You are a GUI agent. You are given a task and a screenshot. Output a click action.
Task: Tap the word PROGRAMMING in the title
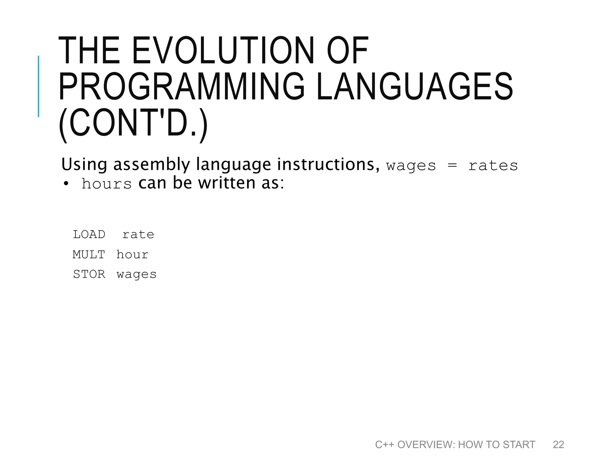click(x=181, y=87)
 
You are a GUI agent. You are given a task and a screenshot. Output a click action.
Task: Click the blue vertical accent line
click(x=38, y=86)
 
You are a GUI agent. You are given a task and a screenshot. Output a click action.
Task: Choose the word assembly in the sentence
click(x=152, y=165)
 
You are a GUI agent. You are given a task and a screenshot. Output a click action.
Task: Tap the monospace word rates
click(x=493, y=166)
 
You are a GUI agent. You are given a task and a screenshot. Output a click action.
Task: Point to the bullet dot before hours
click(x=66, y=184)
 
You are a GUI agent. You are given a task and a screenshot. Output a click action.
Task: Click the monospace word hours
click(x=107, y=184)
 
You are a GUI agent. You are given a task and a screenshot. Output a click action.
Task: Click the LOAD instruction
click(x=89, y=234)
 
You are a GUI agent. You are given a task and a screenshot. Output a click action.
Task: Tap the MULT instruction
click(x=89, y=255)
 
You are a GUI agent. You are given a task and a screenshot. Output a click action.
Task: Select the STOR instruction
click(x=89, y=274)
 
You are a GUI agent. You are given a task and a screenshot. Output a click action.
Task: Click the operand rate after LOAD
click(x=138, y=234)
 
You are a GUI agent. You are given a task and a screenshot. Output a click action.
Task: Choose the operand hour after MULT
click(x=132, y=255)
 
